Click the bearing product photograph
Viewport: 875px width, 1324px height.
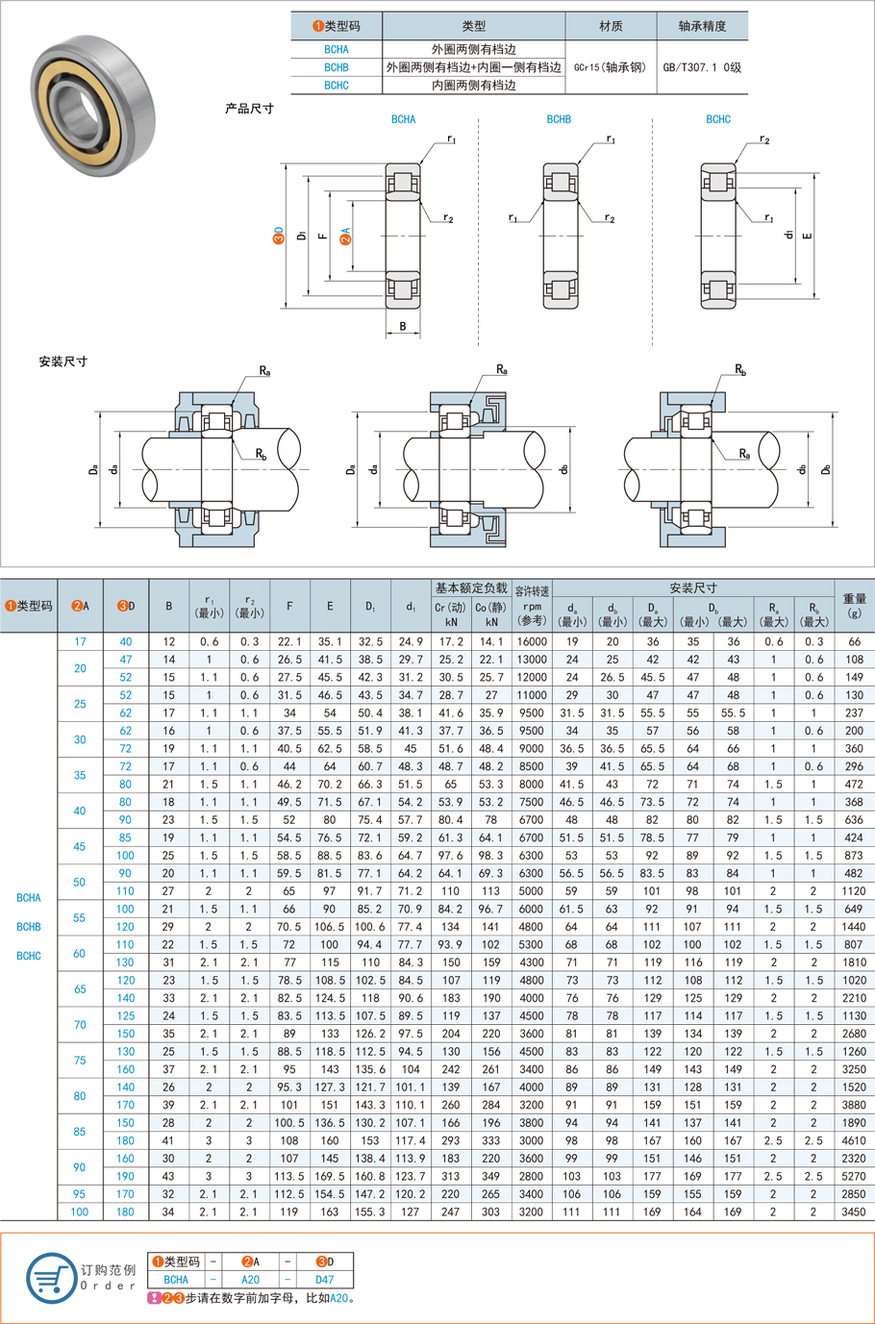(x=92, y=105)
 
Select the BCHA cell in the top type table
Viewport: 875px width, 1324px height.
(x=337, y=49)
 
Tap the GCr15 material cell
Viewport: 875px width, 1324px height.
(x=611, y=67)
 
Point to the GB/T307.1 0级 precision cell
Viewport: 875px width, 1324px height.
(x=702, y=67)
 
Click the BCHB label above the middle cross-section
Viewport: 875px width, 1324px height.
(x=559, y=119)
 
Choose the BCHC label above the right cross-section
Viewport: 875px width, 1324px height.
(x=718, y=119)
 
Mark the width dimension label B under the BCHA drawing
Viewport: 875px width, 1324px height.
(x=403, y=327)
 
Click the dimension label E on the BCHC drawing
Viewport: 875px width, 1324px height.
(x=808, y=236)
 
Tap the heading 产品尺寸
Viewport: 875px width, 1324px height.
(x=249, y=109)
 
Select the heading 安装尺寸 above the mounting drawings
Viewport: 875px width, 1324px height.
(x=63, y=362)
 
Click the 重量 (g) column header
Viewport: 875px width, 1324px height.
(x=854, y=606)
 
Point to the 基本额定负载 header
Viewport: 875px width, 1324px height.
(x=471, y=587)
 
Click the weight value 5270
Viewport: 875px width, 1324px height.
(x=854, y=1176)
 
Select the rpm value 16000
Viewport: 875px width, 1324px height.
(x=532, y=641)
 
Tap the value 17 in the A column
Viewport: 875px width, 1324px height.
(x=80, y=641)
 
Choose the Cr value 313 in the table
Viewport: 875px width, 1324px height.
(x=450, y=1176)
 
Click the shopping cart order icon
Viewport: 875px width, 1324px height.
(x=51, y=1279)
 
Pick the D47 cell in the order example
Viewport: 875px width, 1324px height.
(x=325, y=1280)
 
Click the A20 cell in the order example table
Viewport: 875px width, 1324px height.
(x=250, y=1280)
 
